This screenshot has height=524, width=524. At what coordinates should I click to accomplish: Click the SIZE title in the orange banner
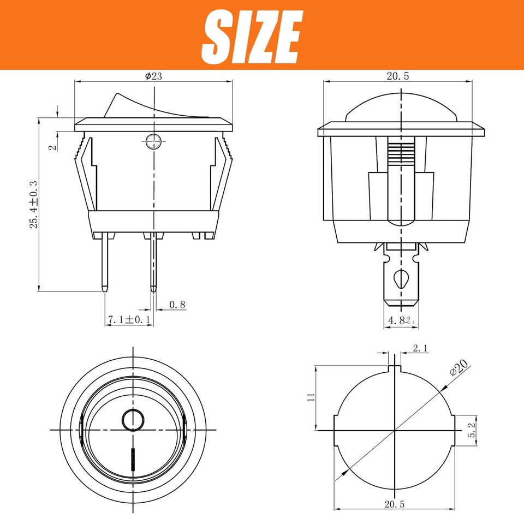pyautogui.click(x=252, y=36)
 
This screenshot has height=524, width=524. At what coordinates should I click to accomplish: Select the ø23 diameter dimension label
pyautogui.click(x=153, y=76)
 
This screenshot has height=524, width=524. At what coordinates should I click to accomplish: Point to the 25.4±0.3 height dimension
pyautogui.click(x=34, y=204)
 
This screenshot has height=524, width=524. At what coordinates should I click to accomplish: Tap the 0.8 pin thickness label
pyautogui.click(x=178, y=305)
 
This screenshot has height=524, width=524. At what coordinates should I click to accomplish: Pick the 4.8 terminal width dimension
pyautogui.click(x=401, y=320)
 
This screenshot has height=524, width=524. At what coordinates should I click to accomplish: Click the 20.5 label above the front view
pyautogui.click(x=397, y=76)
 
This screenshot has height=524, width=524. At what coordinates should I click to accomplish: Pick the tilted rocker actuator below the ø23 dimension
pyautogui.click(x=147, y=106)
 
